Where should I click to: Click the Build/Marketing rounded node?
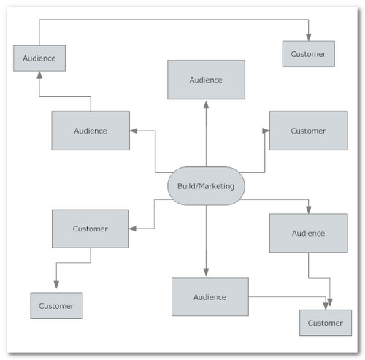[206, 186]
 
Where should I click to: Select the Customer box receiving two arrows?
[326, 323]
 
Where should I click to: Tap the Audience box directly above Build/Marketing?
[206, 80]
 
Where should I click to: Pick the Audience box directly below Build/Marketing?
[210, 297]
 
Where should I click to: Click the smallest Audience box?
[39, 58]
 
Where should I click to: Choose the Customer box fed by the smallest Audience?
[309, 54]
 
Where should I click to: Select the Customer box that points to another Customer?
[91, 229]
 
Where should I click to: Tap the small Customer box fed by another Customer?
[56, 306]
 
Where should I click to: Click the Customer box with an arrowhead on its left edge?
[309, 131]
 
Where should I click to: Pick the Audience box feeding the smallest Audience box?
[91, 131]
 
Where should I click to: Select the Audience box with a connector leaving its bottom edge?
[309, 233]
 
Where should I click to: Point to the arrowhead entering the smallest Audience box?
[39, 74]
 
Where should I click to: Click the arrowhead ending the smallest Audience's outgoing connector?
[309, 37]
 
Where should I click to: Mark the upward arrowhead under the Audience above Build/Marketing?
[206, 104]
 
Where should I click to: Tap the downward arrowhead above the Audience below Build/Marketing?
[206, 272]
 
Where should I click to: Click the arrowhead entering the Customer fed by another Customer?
[56, 285]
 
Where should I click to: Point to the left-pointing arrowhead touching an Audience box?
[134, 131]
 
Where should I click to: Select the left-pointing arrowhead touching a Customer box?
[133, 229]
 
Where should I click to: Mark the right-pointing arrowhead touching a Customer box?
[266, 131]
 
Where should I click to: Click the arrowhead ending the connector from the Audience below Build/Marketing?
[326, 306]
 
